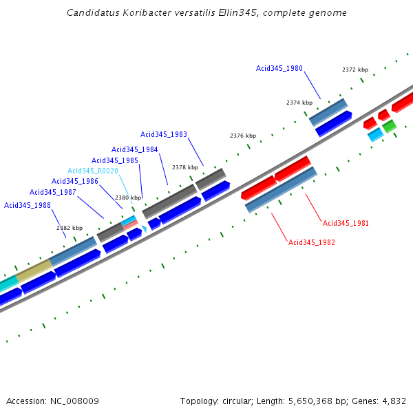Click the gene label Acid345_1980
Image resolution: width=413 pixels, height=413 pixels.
pos(279,68)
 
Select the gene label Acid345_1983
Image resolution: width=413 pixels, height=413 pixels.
pos(164,135)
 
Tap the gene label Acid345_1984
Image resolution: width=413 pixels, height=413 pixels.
pos(135,149)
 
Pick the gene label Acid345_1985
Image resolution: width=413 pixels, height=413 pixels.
pos(115,160)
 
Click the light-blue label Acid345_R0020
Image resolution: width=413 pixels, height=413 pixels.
pos(93,171)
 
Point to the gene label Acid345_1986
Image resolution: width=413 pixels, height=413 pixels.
pos(75,181)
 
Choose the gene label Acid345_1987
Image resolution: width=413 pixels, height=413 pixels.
pos(53,192)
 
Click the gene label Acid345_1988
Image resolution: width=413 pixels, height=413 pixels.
pos(28,205)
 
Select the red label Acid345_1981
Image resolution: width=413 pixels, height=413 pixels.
pos(346,223)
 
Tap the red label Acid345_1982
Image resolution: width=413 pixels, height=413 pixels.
pos(312,242)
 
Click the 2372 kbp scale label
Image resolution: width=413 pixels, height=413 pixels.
pos(355,70)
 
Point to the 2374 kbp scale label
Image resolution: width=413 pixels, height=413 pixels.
pos(299,103)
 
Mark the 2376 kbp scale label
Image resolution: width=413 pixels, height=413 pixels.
pos(243,136)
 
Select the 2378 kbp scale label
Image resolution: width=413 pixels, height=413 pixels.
pos(185,167)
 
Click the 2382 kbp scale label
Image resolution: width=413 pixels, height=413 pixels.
pos(70,228)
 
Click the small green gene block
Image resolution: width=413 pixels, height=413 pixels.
pos(389,126)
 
